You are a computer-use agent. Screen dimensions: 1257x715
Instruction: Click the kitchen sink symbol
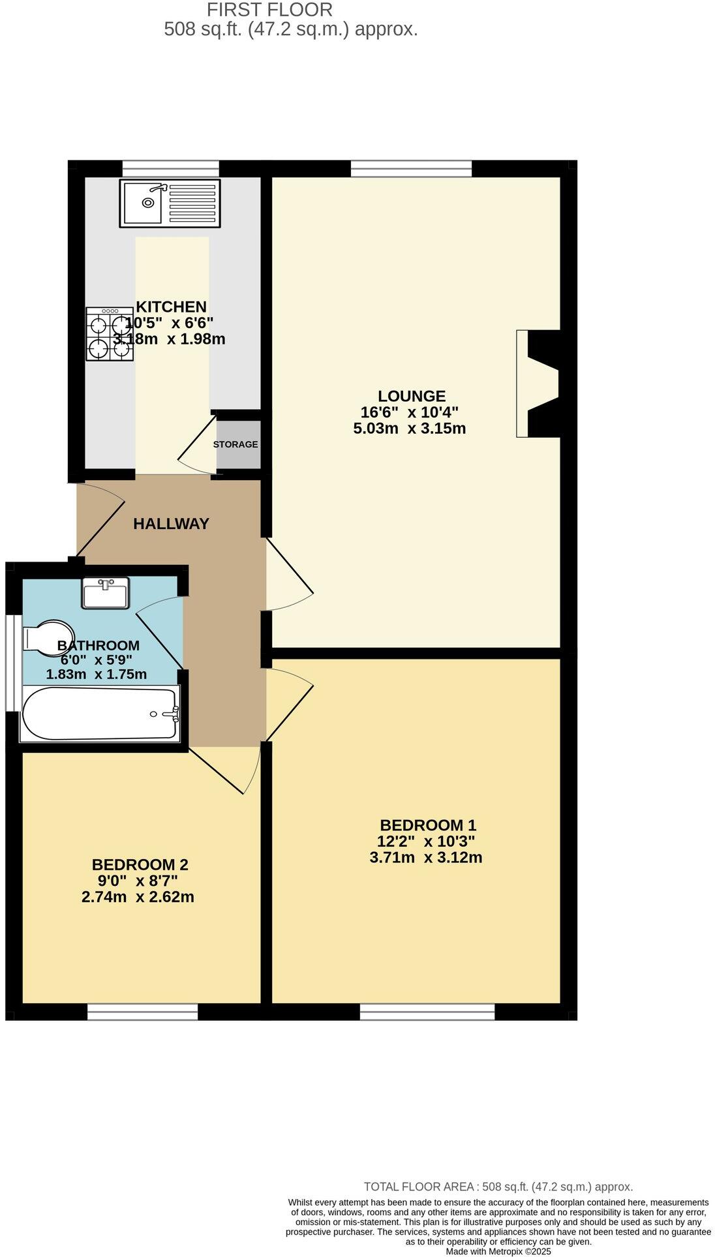tap(170, 204)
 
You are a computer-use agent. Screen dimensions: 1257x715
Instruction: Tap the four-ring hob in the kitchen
tap(109, 335)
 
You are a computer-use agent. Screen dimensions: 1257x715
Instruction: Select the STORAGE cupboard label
tap(235, 444)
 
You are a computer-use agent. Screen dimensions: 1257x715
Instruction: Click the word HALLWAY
tap(171, 524)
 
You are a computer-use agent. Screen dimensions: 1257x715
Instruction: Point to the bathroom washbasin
tap(105, 593)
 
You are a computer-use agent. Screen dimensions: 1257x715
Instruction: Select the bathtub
tap(100, 713)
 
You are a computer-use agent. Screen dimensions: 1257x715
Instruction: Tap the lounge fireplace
tap(539, 384)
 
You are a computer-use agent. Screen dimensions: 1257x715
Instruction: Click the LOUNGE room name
tap(412, 396)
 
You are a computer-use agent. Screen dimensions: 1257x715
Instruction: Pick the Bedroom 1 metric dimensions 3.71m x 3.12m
tap(425, 858)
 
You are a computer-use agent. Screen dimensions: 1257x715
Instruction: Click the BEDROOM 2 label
tap(140, 865)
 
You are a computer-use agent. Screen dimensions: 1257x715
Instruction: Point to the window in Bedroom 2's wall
tap(142, 1012)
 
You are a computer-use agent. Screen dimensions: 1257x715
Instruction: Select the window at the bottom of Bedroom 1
tap(427, 1012)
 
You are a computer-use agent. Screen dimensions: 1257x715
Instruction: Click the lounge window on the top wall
tap(411, 169)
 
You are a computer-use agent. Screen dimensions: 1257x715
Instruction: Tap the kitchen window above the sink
tap(170, 169)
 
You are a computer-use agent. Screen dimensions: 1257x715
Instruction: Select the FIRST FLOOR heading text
tap(269, 10)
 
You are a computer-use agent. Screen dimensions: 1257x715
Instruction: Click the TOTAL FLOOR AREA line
tap(498, 1187)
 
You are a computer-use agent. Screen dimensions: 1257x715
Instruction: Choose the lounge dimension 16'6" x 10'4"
tap(409, 412)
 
